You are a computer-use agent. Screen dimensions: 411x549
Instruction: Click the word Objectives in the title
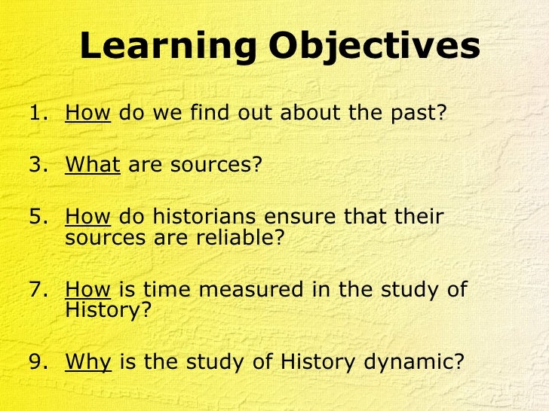point(374,47)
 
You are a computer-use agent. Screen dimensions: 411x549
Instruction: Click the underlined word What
point(93,164)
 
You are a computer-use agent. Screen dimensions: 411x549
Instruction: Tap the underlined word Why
point(88,362)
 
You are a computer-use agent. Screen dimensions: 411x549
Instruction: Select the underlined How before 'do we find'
point(88,114)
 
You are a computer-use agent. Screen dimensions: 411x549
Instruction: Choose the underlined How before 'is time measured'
point(88,289)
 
